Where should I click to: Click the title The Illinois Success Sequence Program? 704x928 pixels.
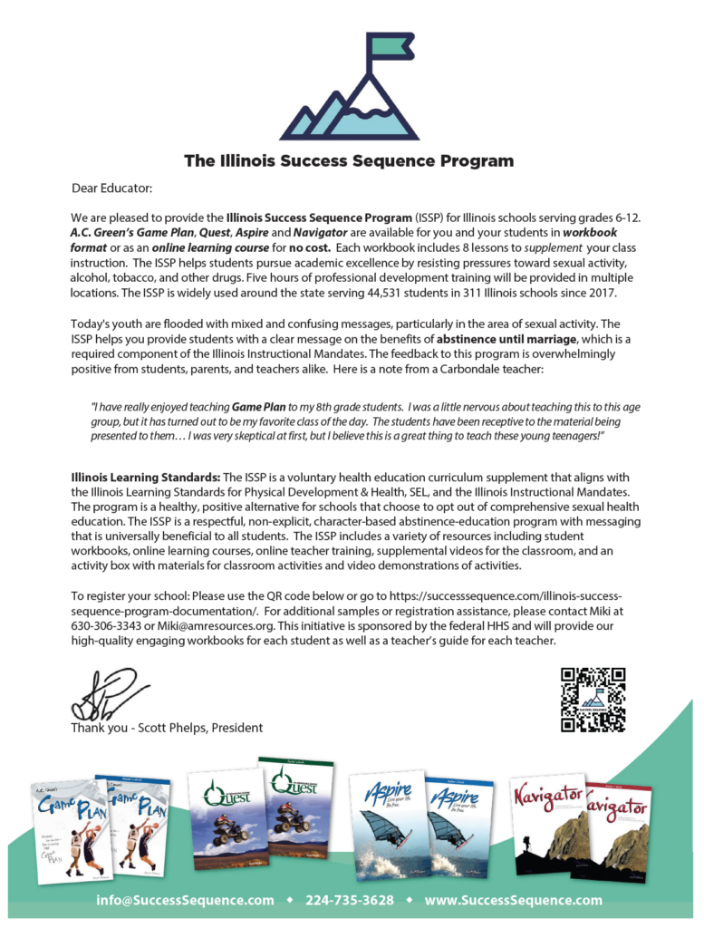coord(349,161)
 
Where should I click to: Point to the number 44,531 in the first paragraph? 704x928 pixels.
coord(400,294)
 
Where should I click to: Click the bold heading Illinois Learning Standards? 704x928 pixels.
coord(145,477)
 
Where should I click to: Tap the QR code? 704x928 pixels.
coord(593,699)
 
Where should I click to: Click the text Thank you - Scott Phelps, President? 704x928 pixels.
coord(167,728)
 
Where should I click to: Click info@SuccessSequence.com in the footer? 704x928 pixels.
coord(185,901)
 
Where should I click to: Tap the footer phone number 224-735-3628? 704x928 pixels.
coord(349,901)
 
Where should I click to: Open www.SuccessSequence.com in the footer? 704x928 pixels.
coord(513,901)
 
